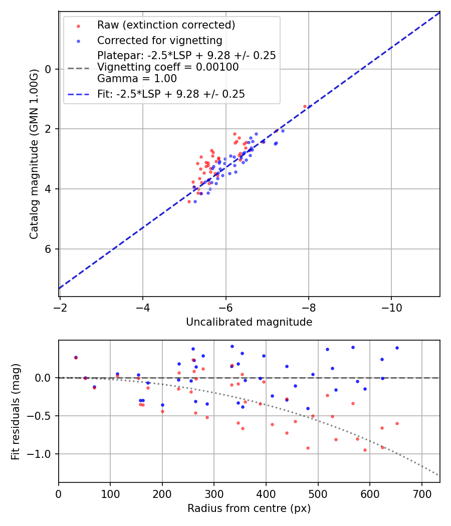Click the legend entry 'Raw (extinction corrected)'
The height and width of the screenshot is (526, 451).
[x=166, y=25]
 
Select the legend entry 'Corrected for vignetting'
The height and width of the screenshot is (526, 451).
[x=159, y=41]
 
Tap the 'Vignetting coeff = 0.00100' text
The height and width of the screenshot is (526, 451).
[x=168, y=67]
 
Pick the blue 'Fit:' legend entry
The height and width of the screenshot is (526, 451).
[x=171, y=94]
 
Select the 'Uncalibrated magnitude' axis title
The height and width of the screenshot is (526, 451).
[x=249, y=322]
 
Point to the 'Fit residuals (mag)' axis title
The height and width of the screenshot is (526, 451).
[x=16, y=411]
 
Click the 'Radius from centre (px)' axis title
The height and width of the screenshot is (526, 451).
[x=249, y=508]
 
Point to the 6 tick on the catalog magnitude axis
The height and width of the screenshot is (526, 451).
[x=49, y=249]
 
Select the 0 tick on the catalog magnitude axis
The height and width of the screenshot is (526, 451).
[x=49, y=69]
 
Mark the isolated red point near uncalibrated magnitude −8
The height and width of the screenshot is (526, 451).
[x=305, y=106]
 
